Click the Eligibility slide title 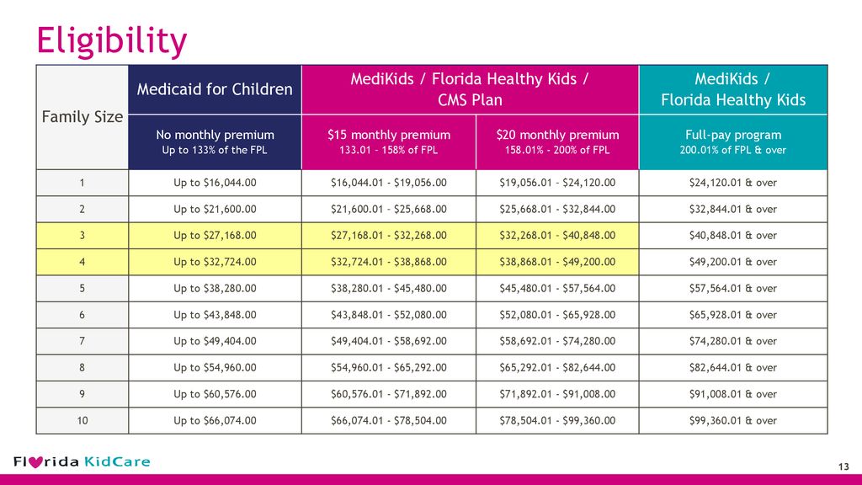pyautogui.click(x=112, y=41)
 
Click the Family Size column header pyautogui.click(x=82, y=116)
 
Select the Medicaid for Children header pyautogui.click(x=215, y=89)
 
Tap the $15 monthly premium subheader pyautogui.click(x=389, y=135)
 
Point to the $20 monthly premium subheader pyautogui.click(x=557, y=135)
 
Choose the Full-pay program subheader pyautogui.click(x=733, y=135)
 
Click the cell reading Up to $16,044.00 pyautogui.click(x=215, y=183)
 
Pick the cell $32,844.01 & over pyautogui.click(x=733, y=209)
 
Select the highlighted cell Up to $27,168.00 pyautogui.click(x=215, y=236)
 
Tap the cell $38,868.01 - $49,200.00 pyautogui.click(x=557, y=262)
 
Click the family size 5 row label pyautogui.click(x=82, y=288)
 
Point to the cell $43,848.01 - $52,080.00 pyautogui.click(x=389, y=315)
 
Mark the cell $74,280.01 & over pyautogui.click(x=733, y=341)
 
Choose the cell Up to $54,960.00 pyautogui.click(x=215, y=367)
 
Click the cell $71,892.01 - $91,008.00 pyautogui.click(x=557, y=394)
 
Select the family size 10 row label pyautogui.click(x=82, y=421)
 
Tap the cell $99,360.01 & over pyautogui.click(x=733, y=421)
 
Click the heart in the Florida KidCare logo pyautogui.click(x=35, y=462)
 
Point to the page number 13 pyautogui.click(x=843, y=466)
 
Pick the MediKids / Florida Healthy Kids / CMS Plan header pyautogui.click(x=470, y=89)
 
